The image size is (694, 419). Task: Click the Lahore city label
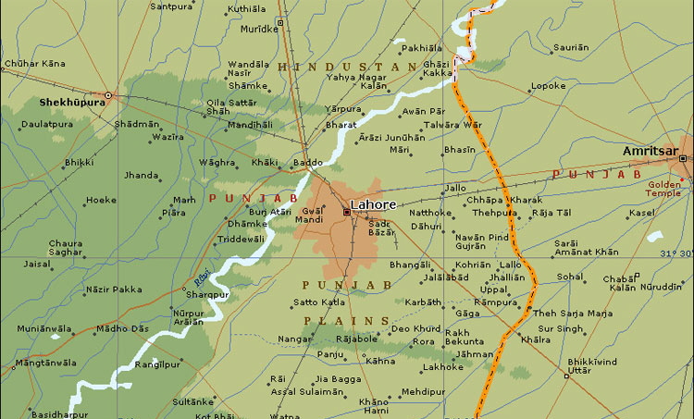[373, 204]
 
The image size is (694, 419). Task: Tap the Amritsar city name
[651, 151]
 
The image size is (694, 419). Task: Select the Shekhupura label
[68, 103]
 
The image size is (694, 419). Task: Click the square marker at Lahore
[347, 212]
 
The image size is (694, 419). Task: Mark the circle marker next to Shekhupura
[107, 95]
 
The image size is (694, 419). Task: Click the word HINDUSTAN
[346, 68]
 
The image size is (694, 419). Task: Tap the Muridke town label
[259, 29]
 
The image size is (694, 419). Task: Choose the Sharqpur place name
[207, 294]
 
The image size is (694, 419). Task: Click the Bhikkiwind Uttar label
[591, 364]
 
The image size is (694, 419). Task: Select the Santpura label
[171, 6]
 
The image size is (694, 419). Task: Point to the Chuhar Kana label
[35, 63]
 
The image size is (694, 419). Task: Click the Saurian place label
[570, 46]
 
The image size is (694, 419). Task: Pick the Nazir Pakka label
[114, 289]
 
